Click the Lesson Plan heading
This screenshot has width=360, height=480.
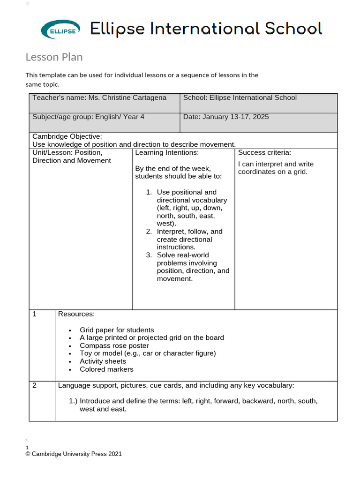(x=54, y=57)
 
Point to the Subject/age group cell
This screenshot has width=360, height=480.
(x=88, y=117)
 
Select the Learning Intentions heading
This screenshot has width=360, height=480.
(x=167, y=153)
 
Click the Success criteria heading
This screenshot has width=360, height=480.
(x=264, y=153)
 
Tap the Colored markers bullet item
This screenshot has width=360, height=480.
(x=106, y=369)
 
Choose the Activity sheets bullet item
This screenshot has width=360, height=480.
(x=103, y=361)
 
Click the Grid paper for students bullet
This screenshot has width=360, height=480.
(x=116, y=330)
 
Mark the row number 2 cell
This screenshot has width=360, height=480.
(x=35, y=386)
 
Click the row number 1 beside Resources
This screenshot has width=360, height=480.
(x=35, y=314)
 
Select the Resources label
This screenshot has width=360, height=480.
(x=76, y=314)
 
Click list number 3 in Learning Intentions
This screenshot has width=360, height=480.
(x=149, y=255)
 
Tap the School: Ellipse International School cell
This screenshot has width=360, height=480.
(x=240, y=98)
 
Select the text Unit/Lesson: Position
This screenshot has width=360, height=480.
(x=67, y=153)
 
